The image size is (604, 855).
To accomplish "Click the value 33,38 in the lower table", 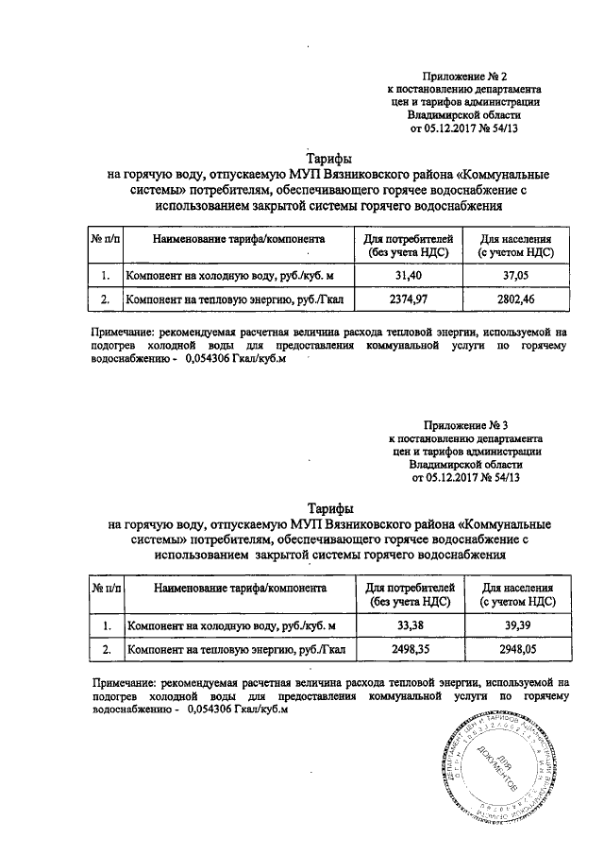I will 409,625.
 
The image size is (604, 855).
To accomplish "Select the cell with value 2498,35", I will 409,650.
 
